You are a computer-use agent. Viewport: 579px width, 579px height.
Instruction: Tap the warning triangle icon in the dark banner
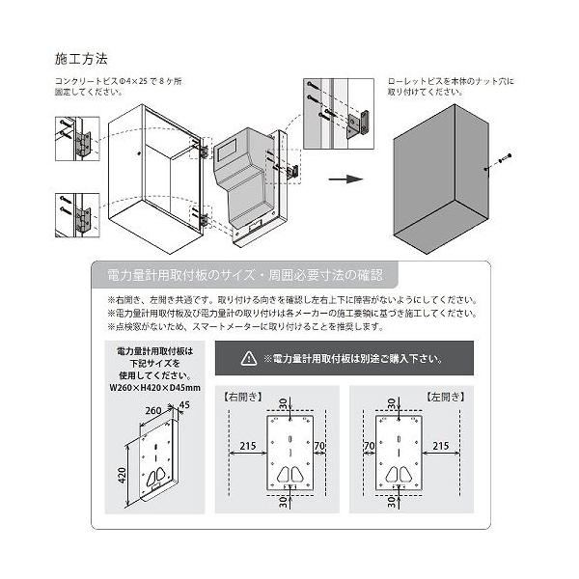tap(249, 359)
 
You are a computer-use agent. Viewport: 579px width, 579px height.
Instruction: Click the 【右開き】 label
tap(242, 396)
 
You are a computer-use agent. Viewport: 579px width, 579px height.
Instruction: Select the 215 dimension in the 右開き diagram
tap(245, 445)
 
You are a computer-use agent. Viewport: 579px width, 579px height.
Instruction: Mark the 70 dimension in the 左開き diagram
tap(369, 445)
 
